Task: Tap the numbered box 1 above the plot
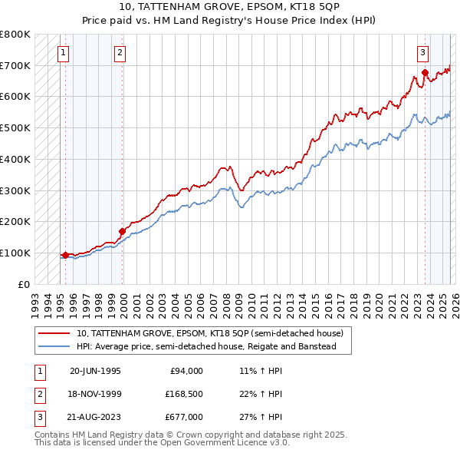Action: coord(63,53)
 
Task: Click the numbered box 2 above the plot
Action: coord(120,53)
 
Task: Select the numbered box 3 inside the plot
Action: coord(422,53)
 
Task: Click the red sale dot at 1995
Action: coord(65,255)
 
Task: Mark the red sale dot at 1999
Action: coord(122,231)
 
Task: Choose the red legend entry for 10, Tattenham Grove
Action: coord(214,333)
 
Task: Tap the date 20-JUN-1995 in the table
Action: coord(95,371)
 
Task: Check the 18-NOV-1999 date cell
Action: coord(95,394)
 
